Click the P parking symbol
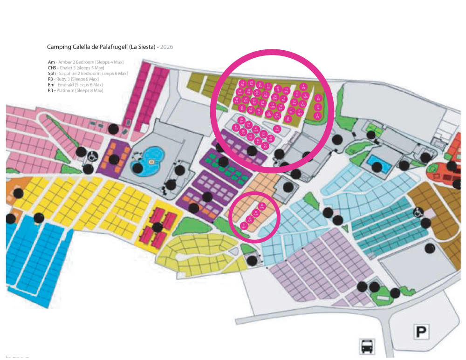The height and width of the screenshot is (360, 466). [421, 332]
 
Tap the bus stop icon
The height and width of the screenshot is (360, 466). [367, 346]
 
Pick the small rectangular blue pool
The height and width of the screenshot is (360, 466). [379, 164]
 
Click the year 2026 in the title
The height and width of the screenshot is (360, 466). [166, 47]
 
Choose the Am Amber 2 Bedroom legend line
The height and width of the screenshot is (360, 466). [85, 62]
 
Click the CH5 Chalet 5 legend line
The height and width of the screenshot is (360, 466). [79, 68]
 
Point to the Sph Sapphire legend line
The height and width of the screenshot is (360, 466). [88, 74]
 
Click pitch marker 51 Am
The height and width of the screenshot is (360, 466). [244, 226]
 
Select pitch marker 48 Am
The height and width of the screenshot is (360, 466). [262, 206]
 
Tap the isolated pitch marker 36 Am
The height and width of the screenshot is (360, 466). [277, 129]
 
